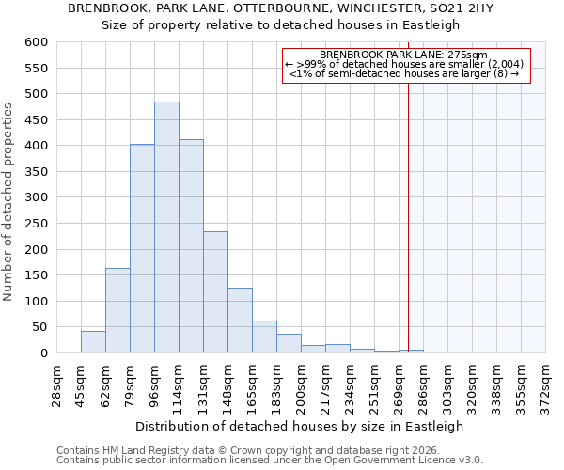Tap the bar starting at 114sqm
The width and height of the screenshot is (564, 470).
191,249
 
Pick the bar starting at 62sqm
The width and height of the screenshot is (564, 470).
117,310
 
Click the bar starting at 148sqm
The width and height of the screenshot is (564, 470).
240,321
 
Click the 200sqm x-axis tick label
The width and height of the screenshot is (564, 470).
301,384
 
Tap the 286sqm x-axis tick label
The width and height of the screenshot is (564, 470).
423,384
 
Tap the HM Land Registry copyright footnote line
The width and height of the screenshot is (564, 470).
255,450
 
